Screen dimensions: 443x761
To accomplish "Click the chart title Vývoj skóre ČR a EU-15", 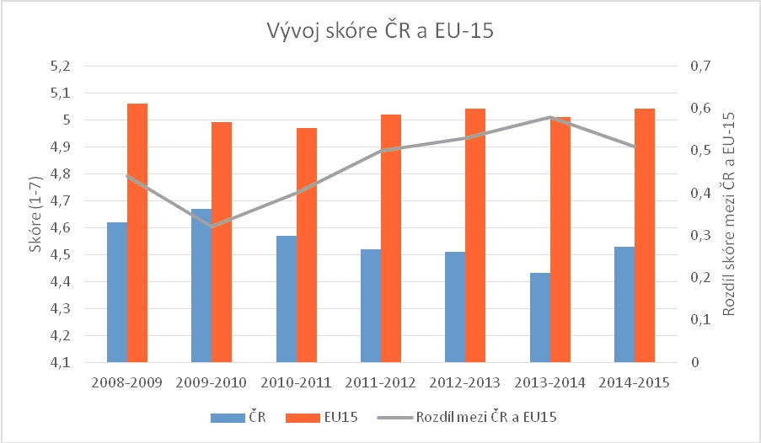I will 379,32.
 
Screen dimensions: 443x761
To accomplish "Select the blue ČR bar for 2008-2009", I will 117,292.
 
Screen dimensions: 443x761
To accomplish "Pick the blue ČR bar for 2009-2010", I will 201,286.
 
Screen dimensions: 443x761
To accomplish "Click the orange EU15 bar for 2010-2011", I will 307,245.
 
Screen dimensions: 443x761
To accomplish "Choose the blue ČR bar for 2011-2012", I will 371,306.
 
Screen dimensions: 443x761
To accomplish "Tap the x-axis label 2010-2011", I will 296,382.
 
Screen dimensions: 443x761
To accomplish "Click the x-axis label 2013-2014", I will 549,382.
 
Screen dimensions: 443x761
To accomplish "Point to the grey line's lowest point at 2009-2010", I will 212,227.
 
